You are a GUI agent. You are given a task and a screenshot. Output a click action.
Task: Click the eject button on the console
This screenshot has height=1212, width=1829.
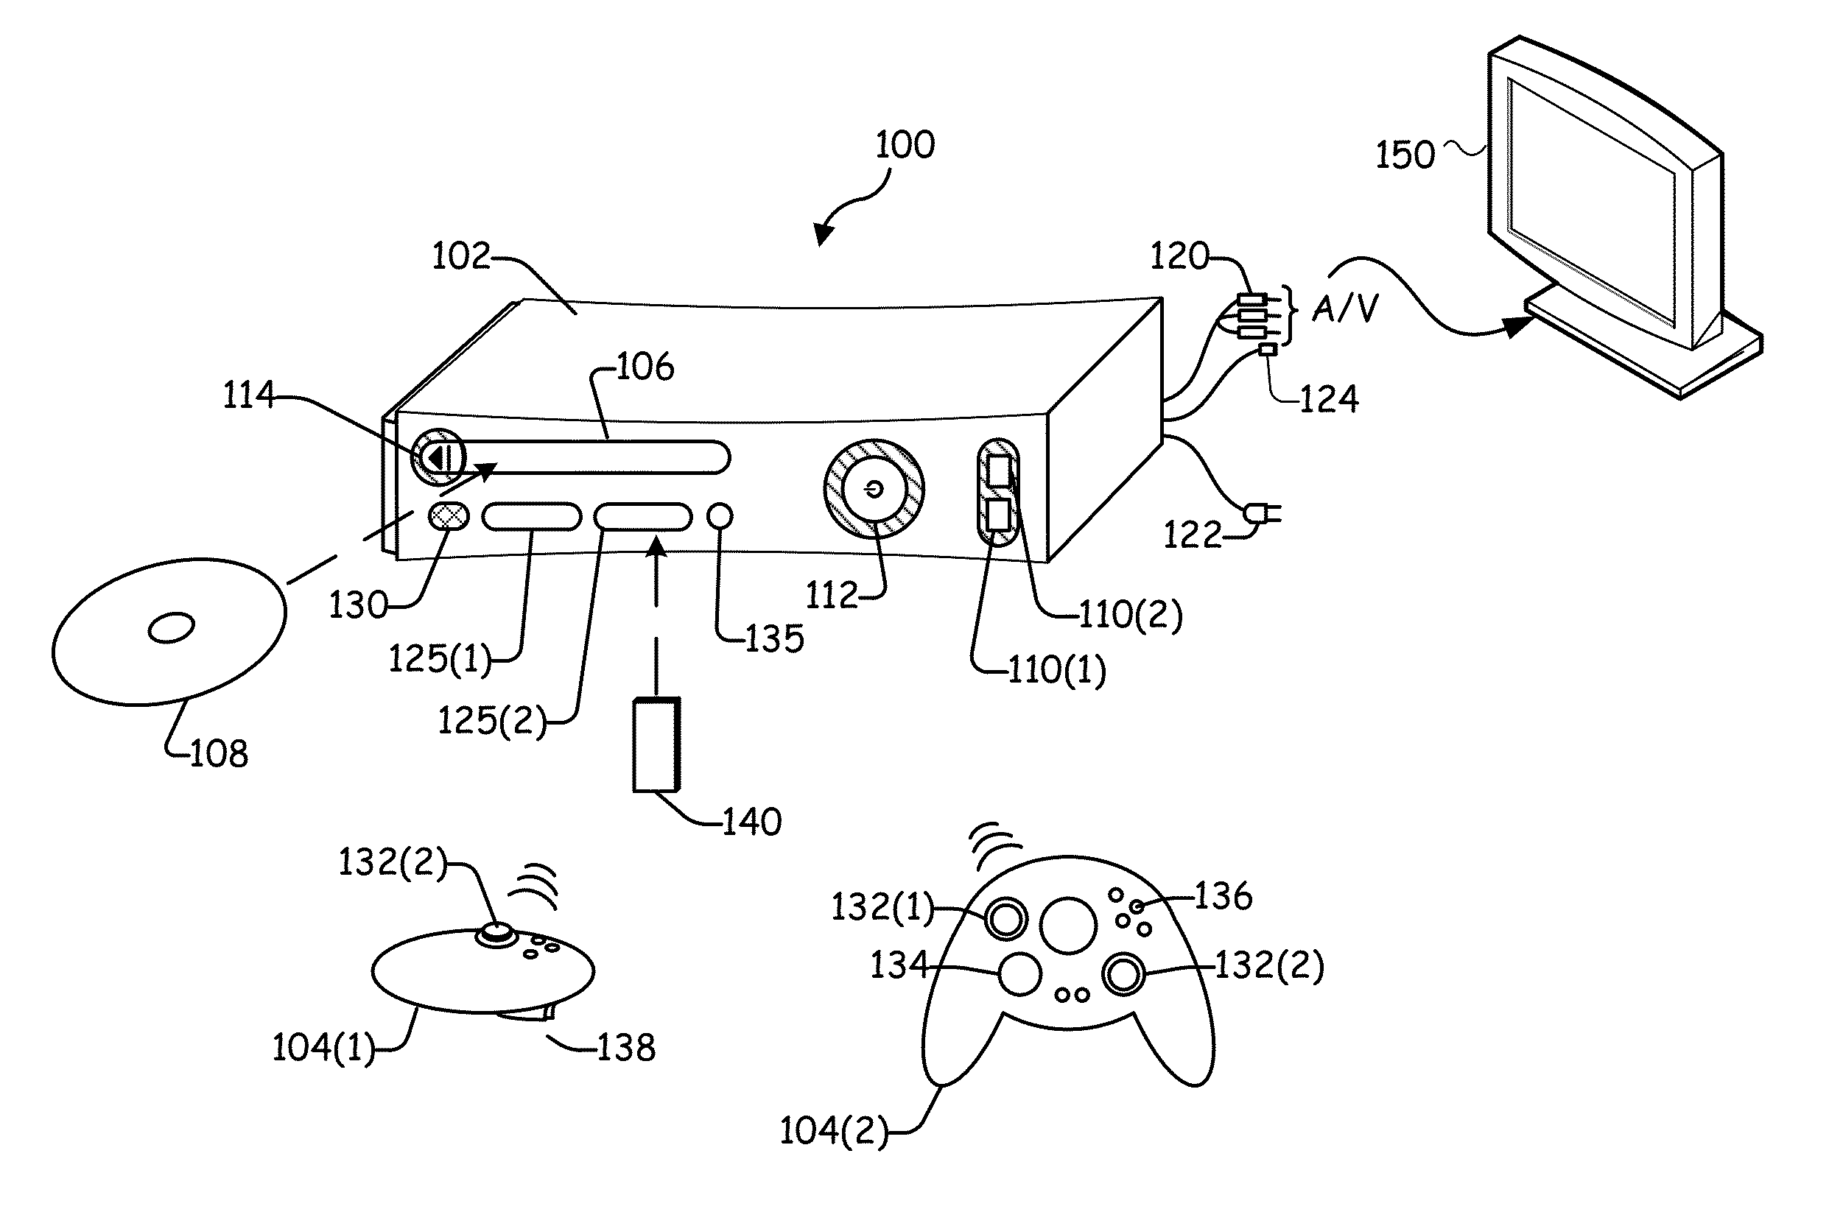pos(438,457)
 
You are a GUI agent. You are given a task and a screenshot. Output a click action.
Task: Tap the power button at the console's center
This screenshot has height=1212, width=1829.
pos(874,489)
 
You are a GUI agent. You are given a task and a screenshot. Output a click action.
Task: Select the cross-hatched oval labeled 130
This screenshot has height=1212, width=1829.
pos(449,516)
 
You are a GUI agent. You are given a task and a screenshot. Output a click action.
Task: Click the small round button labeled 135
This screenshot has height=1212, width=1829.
pos(720,515)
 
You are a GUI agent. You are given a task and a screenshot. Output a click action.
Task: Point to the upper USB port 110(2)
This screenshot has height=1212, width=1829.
pos(1000,470)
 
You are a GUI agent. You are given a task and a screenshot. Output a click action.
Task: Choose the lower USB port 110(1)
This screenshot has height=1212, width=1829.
pos(999,514)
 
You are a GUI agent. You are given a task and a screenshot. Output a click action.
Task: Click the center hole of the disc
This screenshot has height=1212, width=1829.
pos(171,627)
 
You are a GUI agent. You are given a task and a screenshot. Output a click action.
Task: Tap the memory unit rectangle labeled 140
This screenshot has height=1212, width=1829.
pos(656,744)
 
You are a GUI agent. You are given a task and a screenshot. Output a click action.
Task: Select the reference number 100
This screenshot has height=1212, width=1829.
pos(905,144)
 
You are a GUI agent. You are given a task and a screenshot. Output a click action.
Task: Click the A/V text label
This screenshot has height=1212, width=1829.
pos(1345,309)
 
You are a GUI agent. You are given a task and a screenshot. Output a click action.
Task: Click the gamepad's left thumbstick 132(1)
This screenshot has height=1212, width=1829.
pos(1005,920)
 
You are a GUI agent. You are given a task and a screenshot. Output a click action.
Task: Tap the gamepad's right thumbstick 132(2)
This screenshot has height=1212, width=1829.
pos(1123,974)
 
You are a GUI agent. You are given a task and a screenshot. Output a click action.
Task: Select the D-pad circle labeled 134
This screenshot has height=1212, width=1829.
pos(1019,974)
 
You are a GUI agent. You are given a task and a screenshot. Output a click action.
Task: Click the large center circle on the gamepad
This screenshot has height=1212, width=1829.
pos(1067,926)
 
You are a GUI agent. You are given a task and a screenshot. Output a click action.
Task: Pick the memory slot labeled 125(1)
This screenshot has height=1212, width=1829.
pos(531,516)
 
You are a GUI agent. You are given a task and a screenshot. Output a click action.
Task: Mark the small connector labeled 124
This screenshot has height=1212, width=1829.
pos(1267,349)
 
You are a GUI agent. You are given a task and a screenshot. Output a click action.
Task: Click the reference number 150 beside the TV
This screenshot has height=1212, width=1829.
pos(1405,155)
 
